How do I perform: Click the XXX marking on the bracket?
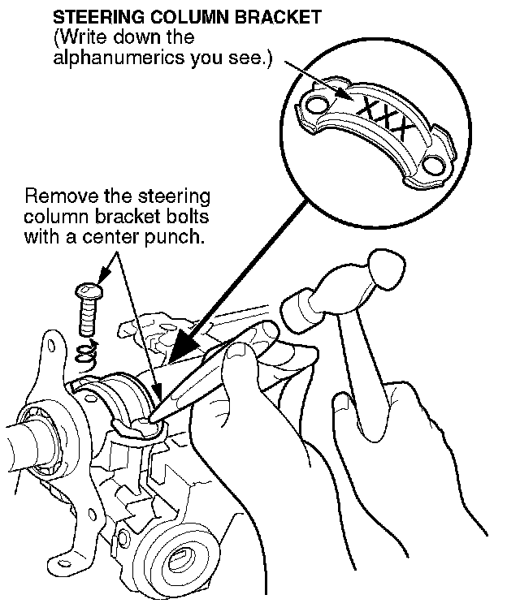tap(382, 114)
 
